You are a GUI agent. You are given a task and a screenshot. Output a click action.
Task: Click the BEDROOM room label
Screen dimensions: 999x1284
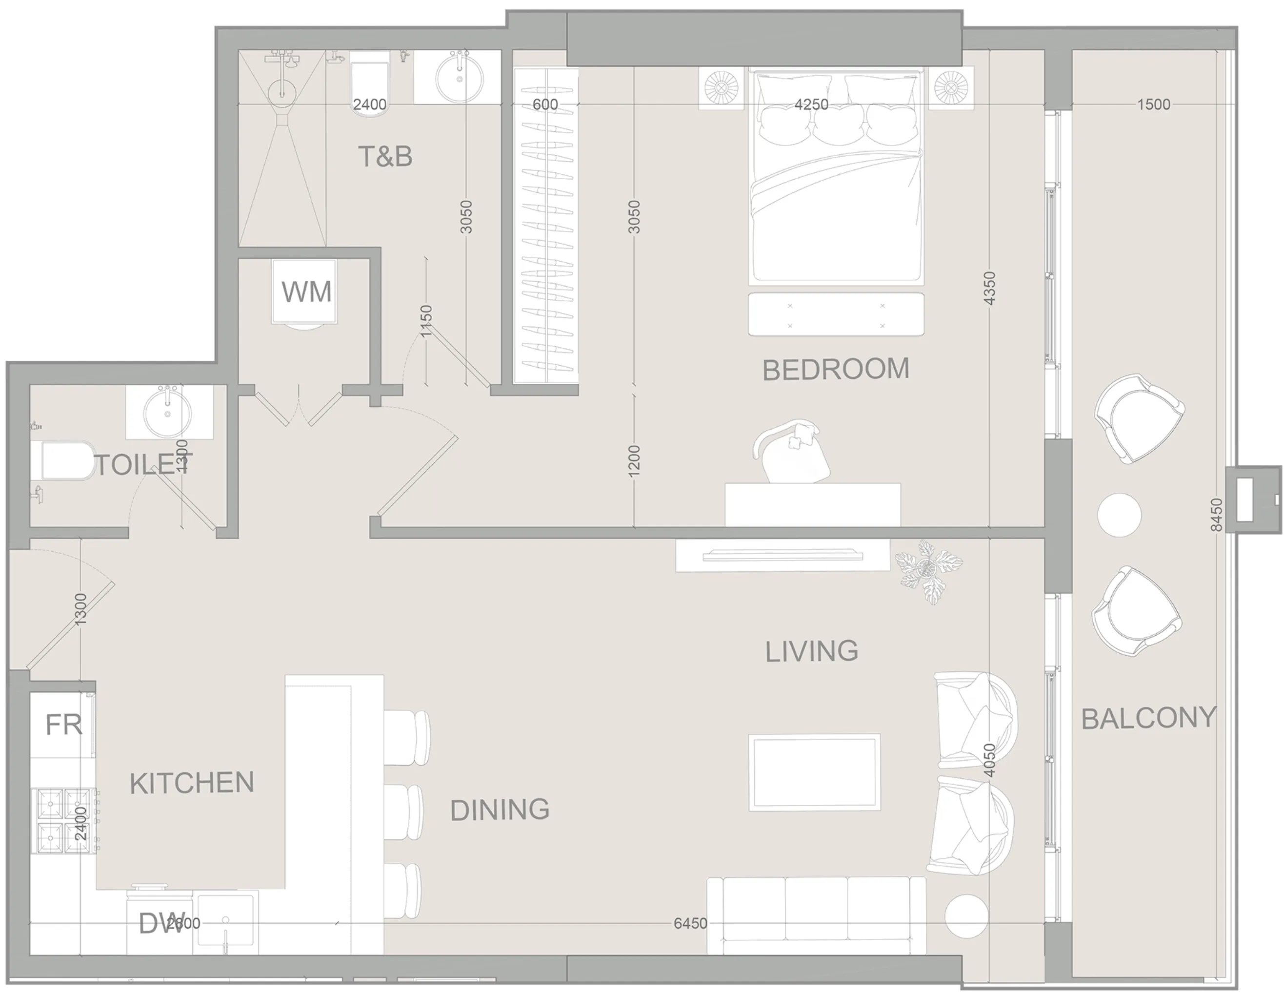click(835, 370)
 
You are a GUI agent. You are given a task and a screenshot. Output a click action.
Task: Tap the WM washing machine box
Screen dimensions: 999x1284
click(306, 292)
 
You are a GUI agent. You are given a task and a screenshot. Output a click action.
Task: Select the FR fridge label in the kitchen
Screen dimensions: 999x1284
click(63, 725)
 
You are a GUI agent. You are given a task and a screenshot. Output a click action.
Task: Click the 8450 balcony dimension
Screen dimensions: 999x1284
click(1216, 515)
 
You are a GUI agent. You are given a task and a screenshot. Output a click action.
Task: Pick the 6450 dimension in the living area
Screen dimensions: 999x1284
click(690, 924)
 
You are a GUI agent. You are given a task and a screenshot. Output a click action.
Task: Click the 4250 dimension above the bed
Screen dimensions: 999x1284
click(811, 104)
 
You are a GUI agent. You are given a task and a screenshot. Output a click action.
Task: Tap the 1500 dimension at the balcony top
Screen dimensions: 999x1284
click(1153, 104)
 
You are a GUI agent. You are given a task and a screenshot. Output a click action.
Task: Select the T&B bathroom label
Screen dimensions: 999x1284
click(385, 157)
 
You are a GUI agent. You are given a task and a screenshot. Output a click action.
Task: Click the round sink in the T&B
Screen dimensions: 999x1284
click(459, 77)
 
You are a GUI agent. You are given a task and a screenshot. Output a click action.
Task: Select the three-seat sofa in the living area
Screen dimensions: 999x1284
click(816, 924)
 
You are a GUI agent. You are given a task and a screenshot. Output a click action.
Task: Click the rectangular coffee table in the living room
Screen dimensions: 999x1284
click(814, 772)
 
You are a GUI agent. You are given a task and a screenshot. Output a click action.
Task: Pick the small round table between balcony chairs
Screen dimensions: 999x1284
click(1119, 515)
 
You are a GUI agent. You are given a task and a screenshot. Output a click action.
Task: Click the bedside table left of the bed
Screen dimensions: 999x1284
click(721, 89)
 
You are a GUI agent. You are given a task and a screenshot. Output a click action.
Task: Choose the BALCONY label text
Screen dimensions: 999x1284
click(1148, 718)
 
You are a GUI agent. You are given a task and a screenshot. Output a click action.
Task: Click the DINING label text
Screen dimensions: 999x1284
click(500, 810)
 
